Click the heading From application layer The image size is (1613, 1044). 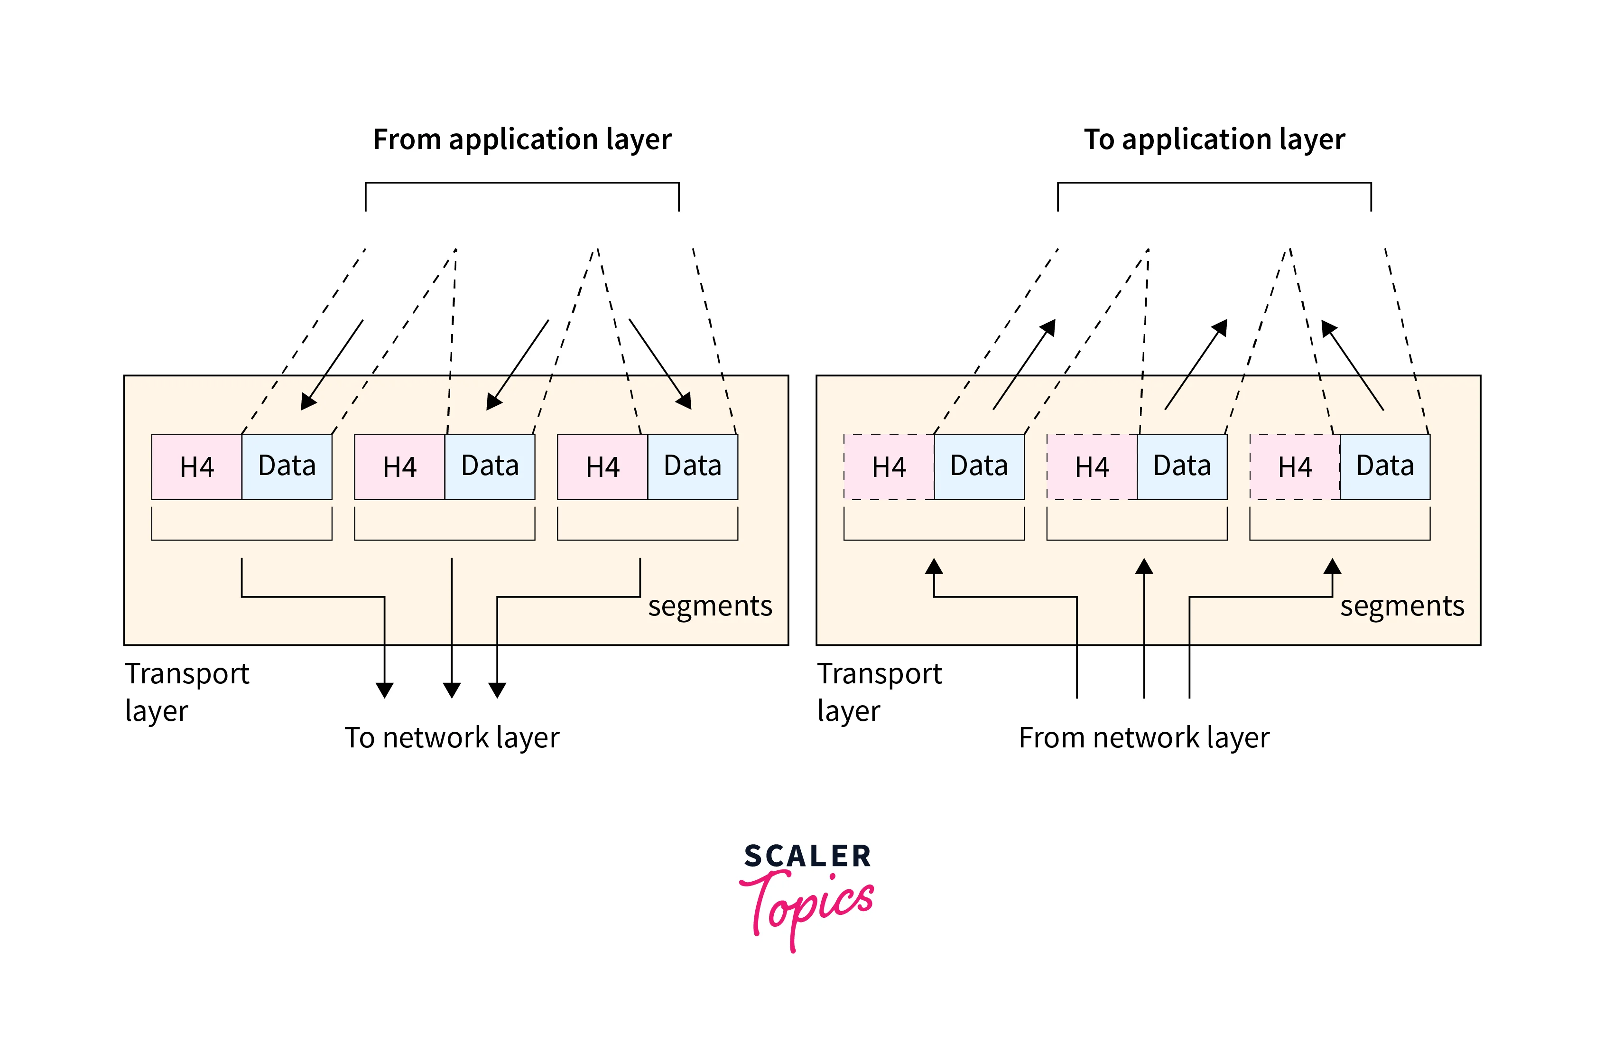pos(522,140)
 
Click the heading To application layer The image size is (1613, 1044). pos(1214,140)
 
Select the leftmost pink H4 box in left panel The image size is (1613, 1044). pos(196,467)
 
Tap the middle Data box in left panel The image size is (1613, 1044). pos(489,467)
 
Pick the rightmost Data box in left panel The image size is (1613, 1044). pos(692,467)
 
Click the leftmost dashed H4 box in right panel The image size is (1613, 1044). pos(889,467)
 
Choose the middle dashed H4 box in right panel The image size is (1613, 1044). pos(1091,467)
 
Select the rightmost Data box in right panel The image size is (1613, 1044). pos(1385,467)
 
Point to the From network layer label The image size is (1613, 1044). pos(1143,737)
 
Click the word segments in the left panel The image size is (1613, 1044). pos(710,606)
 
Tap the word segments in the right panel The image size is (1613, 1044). pos(1401,606)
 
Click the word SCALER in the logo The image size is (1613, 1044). pos(807,856)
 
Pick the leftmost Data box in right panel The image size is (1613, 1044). pos(979,467)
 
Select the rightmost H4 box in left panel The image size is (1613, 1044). pos(602,467)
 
